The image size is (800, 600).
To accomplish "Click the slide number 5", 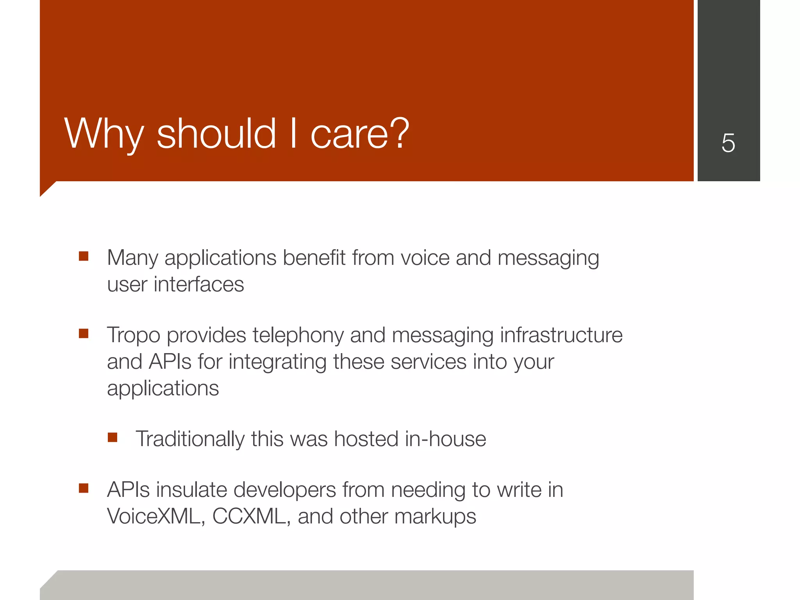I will click(728, 143).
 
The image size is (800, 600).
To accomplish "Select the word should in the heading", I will click(216, 134).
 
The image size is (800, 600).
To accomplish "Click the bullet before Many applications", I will click(84, 256).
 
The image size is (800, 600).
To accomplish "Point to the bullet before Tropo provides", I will click(84, 334).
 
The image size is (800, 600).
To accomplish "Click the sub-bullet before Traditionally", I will click(112, 437).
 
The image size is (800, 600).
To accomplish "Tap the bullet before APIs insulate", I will click(84, 488).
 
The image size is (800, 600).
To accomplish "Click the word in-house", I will click(445, 439).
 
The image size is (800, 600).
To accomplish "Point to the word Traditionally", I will click(190, 439).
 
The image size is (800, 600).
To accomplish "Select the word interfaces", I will click(199, 284).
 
